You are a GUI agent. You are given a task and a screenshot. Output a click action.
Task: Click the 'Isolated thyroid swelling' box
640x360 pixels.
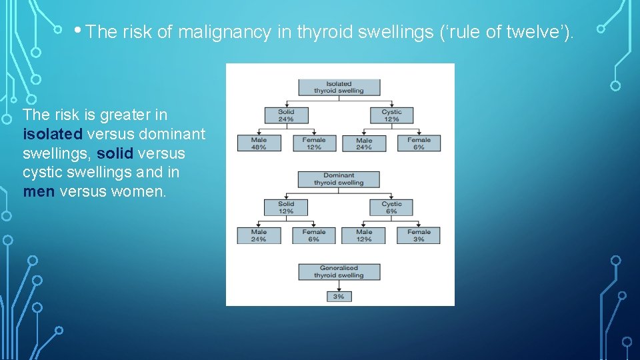[x=339, y=87]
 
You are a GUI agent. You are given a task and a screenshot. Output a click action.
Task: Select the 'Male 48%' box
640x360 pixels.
[x=259, y=143]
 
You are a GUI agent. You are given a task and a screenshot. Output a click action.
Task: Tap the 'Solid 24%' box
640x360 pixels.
[x=286, y=115]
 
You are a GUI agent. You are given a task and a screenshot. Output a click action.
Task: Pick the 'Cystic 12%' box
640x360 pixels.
[x=391, y=115]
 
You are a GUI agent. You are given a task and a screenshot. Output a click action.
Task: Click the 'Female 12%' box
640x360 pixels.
[x=314, y=143]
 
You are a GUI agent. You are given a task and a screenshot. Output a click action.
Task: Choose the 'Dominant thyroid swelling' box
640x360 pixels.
[x=339, y=179]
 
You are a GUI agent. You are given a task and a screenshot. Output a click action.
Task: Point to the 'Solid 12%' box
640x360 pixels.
[x=286, y=207]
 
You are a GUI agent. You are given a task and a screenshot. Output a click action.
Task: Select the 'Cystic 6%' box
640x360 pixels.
[x=391, y=207]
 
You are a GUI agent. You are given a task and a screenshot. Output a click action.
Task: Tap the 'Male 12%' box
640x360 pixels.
[x=364, y=235]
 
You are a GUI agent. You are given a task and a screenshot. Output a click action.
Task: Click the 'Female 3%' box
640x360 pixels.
[x=419, y=235]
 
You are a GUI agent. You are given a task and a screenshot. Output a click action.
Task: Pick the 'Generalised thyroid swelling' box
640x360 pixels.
[x=339, y=271]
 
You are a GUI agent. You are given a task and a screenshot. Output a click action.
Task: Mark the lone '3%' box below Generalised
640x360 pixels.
[x=339, y=296]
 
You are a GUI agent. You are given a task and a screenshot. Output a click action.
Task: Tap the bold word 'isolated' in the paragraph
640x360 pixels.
[x=53, y=134]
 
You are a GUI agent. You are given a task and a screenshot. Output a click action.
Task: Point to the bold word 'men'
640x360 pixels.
[x=39, y=192]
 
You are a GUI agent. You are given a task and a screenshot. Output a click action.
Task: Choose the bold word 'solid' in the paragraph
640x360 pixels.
[x=115, y=153]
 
